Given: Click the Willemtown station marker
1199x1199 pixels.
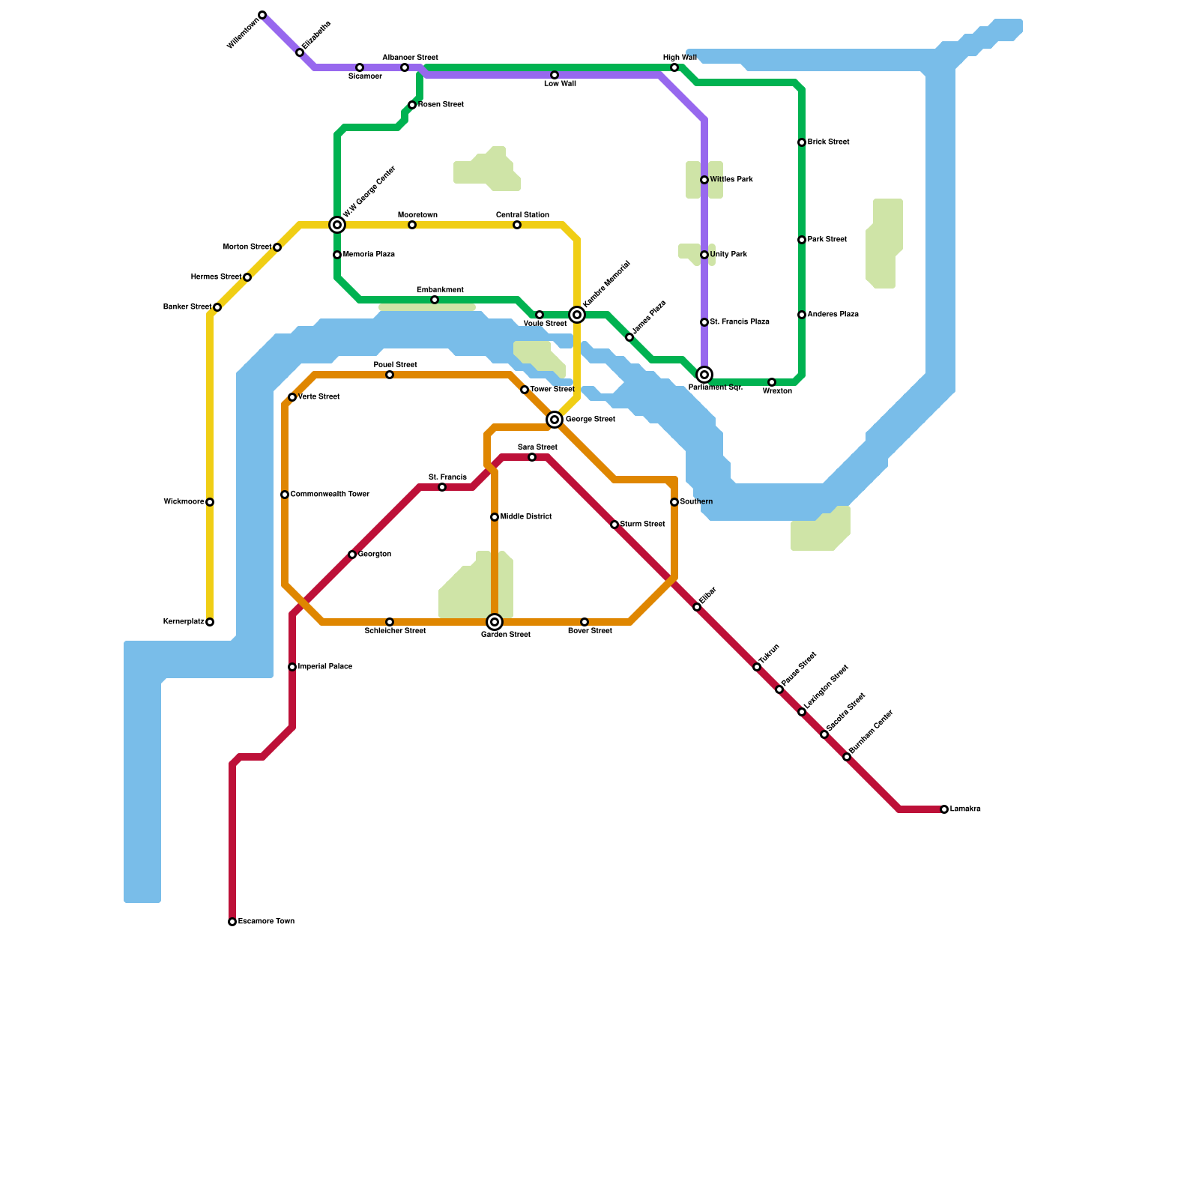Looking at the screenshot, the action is [x=262, y=15].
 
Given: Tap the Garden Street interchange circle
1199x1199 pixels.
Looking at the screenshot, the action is [x=495, y=622].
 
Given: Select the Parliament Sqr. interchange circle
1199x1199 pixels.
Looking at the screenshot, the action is [x=704, y=375].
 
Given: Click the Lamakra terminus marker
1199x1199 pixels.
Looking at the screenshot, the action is [x=944, y=809].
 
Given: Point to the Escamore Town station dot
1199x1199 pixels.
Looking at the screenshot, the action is [x=232, y=922].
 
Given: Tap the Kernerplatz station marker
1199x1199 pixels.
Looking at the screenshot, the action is [x=210, y=622].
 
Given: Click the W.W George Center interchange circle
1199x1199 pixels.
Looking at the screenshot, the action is [x=337, y=225].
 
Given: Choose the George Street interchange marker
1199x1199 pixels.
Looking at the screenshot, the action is [x=555, y=420].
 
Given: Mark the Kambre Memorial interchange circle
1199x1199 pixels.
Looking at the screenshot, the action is [x=577, y=315].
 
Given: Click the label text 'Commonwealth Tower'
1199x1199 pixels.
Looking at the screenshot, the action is [x=330, y=495].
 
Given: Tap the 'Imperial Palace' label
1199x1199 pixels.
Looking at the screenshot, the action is [x=325, y=667].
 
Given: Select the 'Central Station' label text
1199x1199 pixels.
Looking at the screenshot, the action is [x=522, y=215].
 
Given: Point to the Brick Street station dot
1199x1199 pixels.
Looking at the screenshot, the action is [x=802, y=142].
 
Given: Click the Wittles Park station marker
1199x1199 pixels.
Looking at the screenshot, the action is [x=704, y=180].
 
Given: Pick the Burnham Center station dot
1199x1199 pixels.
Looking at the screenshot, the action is [x=847, y=757].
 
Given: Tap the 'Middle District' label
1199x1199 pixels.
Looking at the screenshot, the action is [x=526, y=517].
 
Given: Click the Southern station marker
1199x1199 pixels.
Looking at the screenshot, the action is [x=674, y=502].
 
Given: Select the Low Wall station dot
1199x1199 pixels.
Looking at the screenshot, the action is [x=555, y=75].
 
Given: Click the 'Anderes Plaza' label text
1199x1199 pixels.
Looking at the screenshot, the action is [x=833, y=315].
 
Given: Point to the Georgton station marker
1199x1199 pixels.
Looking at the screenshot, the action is [x=352, y=555].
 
